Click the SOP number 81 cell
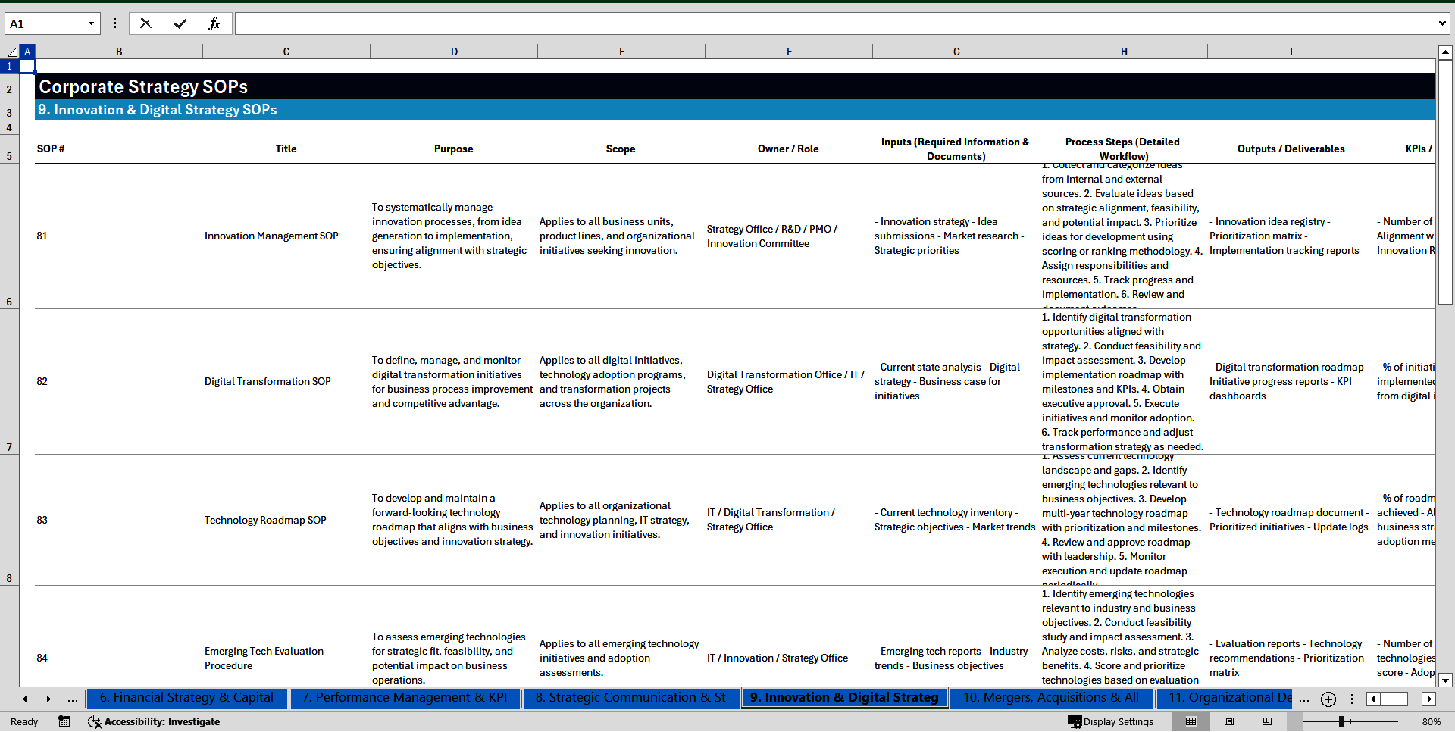[x=42, y=236]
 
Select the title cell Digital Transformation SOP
[x=268, y=381]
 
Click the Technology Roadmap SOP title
[x=265, y=520]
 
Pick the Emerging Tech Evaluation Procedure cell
[x=264, y=658]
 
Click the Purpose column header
[x=453, y=149]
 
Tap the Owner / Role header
[x=788, y=149]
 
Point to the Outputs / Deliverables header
[x=1291, y=149]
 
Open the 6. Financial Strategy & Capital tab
[x=186, y=697]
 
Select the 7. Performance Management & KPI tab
[x=405, y=697]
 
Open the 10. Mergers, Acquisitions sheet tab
[x=1050, y=697]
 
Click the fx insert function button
[x=214, y=23]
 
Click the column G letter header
[x=956, y=52]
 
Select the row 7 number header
[x=9, y=447]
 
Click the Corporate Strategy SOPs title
[x=143, y=86]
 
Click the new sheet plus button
[x=1328, y=699]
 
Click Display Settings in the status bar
[x=1111, y=721]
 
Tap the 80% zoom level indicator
[x=1431, y=721]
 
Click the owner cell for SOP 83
[x=771, y=520]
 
